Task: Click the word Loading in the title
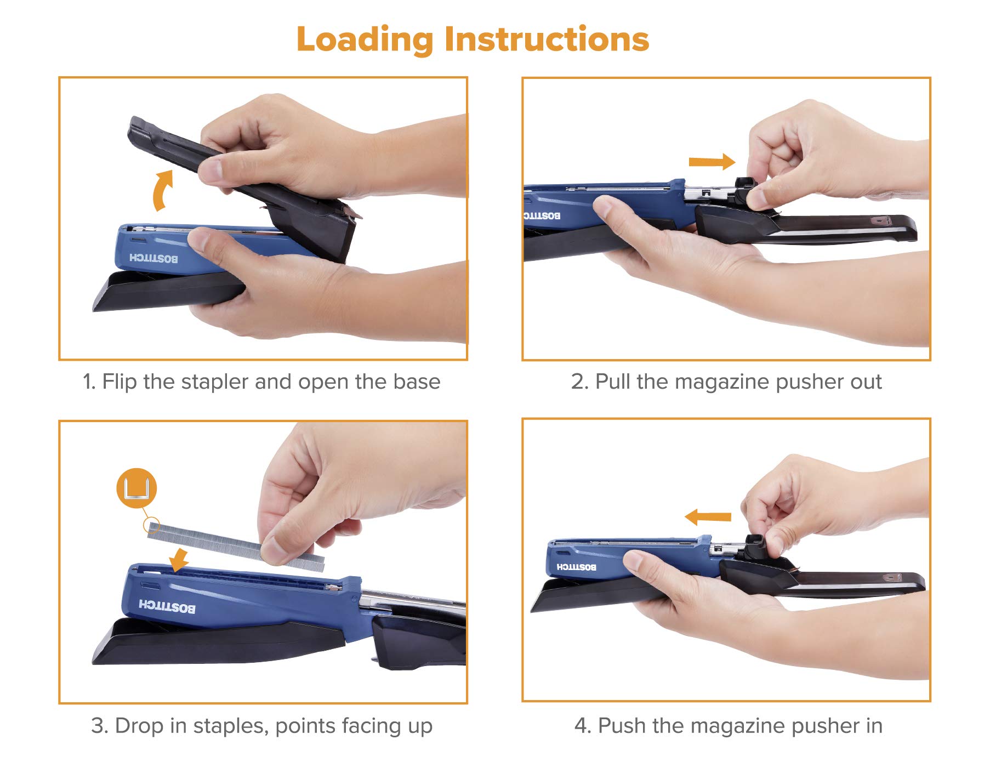point(365,39)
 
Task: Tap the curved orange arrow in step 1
point(162,190)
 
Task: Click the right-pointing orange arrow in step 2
point(712,162)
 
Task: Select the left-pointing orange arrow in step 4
point(708,516)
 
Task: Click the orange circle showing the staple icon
point(137,488)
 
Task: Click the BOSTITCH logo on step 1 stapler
point(153,258)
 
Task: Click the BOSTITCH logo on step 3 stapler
point(167,606)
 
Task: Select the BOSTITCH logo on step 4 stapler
point(576,567)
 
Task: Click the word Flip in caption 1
point(119,382)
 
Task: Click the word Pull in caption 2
point(613,382)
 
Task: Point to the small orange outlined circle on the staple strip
point(151,526)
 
